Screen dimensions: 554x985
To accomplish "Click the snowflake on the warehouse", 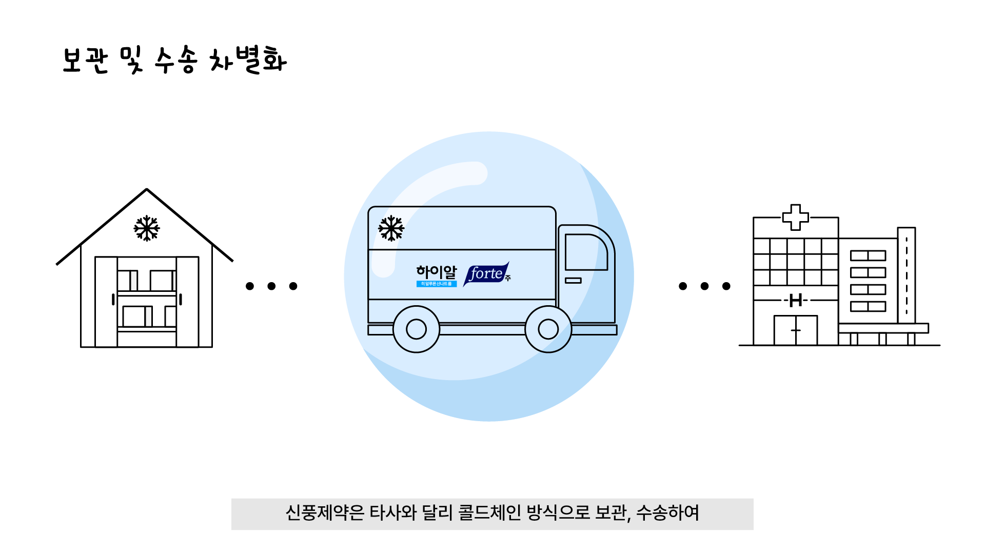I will (147, 228).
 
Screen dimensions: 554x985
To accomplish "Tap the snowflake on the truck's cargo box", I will (391, 228).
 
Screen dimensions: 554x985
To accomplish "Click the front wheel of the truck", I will (548, 329).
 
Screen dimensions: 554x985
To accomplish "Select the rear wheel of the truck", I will (416, 329).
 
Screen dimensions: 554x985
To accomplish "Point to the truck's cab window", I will (585, 252).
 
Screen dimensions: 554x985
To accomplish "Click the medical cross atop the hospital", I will (795, 217).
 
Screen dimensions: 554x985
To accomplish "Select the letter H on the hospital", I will (796, 301).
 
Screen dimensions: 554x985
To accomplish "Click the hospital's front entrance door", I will (796, 330).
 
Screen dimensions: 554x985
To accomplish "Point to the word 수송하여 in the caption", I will (667, 513).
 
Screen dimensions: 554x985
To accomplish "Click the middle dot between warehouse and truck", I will (271, 286).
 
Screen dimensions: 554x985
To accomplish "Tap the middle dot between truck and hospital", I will (704, 286).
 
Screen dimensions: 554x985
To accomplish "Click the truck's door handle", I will (573, 281).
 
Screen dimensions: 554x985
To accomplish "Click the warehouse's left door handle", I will (113, 300).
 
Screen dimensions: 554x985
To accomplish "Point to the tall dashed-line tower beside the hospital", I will (907, 275).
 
